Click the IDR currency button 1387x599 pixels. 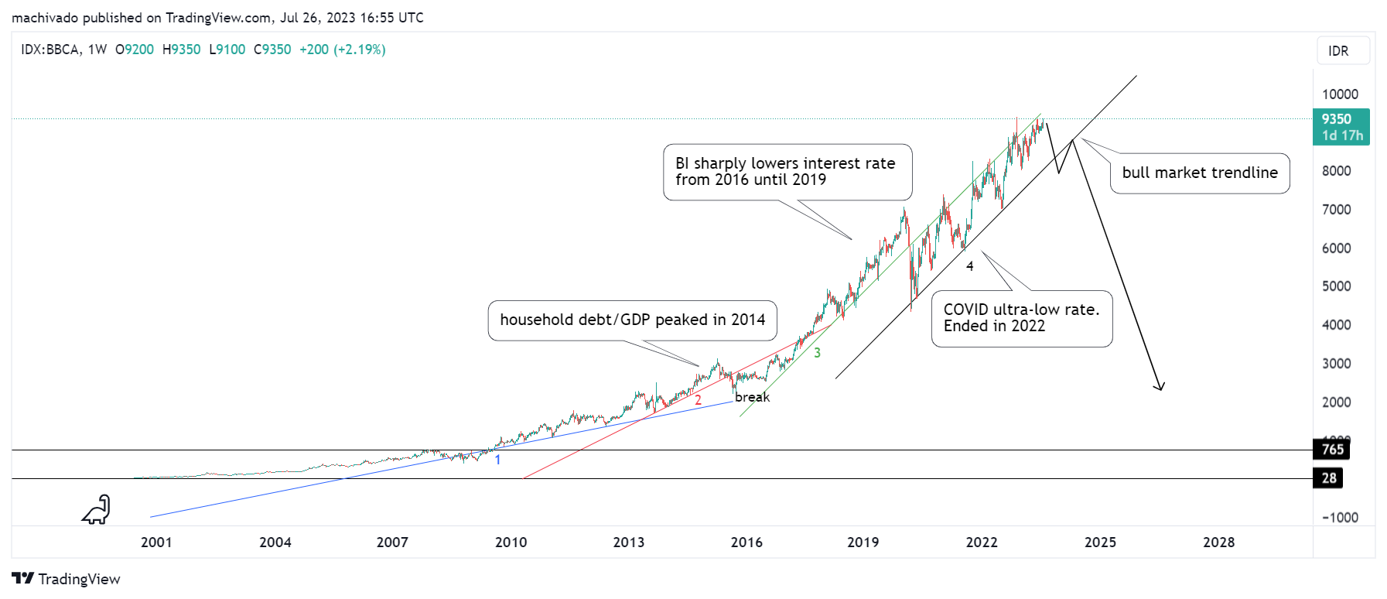pos(1343,51)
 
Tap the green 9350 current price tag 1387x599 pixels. pos(1341,127)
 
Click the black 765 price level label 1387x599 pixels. pos(1331,450)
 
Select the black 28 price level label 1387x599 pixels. pos(1328,478)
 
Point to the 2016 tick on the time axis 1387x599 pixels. pos(746,543)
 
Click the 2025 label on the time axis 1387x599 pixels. pos(1100,543)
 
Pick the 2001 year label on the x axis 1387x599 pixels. pos(156,543)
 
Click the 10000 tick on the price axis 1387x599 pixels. pos(1340,94)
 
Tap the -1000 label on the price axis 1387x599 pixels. pos(1340,518)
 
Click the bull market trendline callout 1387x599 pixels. pos(1200,173)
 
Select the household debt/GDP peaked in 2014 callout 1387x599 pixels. pos(632,320)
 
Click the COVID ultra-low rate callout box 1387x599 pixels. pos(1021,318)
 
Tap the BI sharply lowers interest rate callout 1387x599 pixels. pos(787,172)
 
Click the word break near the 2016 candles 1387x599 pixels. pos(752,398)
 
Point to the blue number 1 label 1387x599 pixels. pos(497,460)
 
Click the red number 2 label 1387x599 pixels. pos(698,400)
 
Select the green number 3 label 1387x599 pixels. pos(817,353)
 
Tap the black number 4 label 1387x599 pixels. pos(969,266)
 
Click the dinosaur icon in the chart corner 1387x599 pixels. pos(97,510)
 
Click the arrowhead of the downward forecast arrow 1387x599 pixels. pos(1160,387)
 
